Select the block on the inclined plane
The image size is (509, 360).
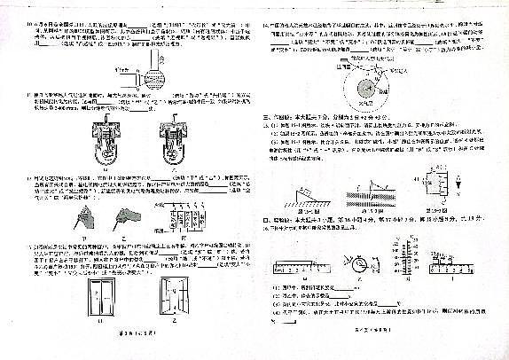point(302,192)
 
